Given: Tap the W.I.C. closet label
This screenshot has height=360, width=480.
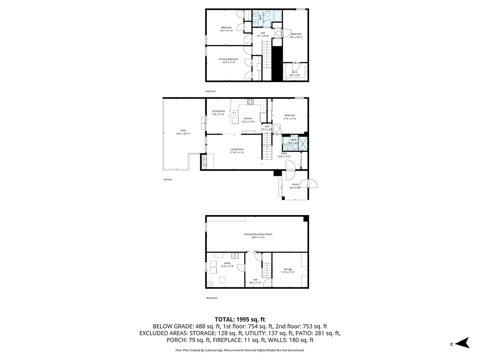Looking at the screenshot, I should [295, 72].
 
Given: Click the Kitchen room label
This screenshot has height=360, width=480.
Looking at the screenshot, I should [248, 118].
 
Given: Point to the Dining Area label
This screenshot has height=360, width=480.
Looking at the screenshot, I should [218, 111].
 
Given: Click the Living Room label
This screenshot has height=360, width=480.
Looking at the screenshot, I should [237, 149].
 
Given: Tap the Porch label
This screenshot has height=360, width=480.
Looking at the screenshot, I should [295, 185].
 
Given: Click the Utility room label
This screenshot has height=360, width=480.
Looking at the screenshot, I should [227, 263].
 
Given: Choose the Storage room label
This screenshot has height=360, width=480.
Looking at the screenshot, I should [288, 269].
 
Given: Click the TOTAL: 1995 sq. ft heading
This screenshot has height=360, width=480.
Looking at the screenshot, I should [240, 319].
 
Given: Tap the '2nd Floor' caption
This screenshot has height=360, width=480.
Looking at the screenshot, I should [211, 91].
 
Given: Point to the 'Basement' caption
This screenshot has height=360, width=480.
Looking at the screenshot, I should [212, 298].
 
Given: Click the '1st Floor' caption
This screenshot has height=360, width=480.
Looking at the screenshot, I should [168, 179].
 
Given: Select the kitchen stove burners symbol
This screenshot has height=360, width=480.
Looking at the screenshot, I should [250, 102].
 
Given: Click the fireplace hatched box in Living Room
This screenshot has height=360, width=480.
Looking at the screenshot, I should [204, 162].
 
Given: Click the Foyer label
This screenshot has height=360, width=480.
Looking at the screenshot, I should [284, 153].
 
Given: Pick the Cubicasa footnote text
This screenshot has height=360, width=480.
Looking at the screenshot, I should [240, 350].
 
